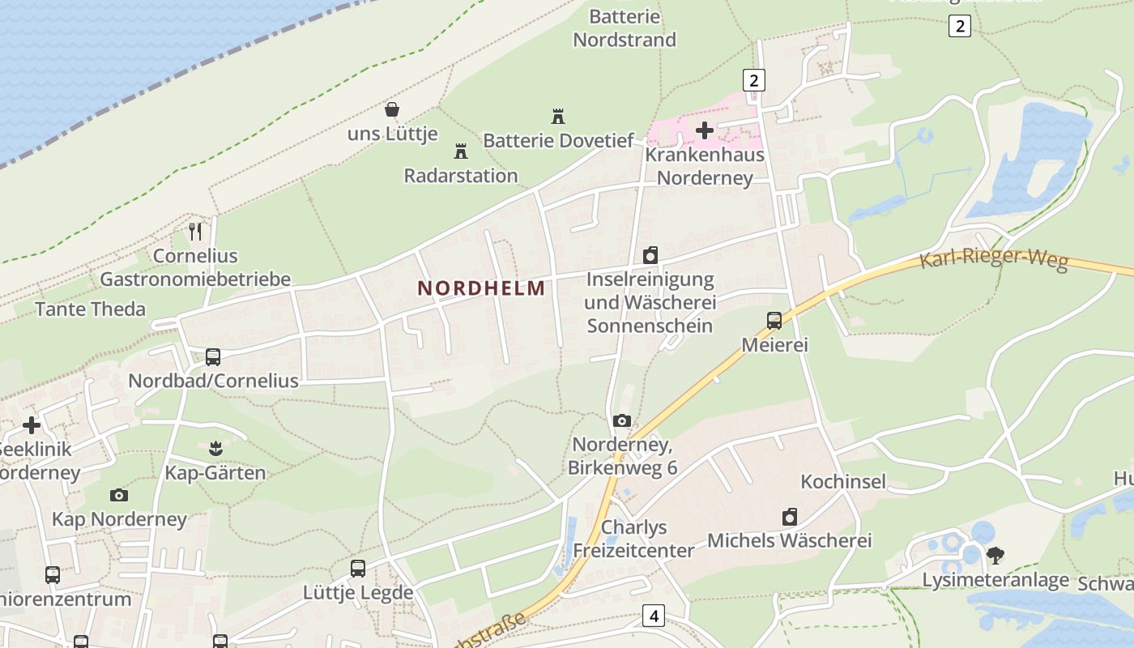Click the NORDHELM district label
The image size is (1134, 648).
pyautogui.click(x=481, y=288)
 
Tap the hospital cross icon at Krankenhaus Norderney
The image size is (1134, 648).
pyautogui.click(x=705, y=130)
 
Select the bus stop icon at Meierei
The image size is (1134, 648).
pyautogui.click(x=774, y=320)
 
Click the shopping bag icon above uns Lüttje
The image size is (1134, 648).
pyautogui.click(x=392, y=109)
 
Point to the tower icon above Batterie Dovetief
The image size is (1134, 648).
pyautogui.click(x=557, y=117)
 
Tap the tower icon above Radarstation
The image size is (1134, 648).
pyautogui.click(x=461, y=151)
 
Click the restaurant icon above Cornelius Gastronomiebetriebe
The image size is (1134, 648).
pyautogui.click(x=195, y=232)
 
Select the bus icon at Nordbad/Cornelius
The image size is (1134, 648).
pyautogui.click(x=213, y=356)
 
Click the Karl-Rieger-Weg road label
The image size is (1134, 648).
pyautogui.click(x=994, y=260)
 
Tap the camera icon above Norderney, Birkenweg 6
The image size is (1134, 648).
pyautogui.click(x=622, y=420)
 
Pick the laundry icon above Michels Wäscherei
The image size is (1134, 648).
pyautogui.click(x=790, y=517)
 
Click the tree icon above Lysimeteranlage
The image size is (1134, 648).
pyautogui.click(x=995, y=556)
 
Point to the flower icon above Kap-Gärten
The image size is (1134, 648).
pyautogui.click(x=215, y=448)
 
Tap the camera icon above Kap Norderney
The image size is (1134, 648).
pyautogui.click(x=119, y=495)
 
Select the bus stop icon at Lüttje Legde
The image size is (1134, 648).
pyautogui.click(x=358, y=568)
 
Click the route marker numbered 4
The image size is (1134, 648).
pyautogui.click(x=654, y=616)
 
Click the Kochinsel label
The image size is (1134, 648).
pyautogui.click(x=843, y=482)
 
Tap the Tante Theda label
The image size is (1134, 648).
pyautogui.click(x=91, y=309)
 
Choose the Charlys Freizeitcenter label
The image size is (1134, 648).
pyautogui.click(x=633, y=539)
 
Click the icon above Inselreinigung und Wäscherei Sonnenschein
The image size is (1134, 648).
pyautogui.click(x=650, y=256)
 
